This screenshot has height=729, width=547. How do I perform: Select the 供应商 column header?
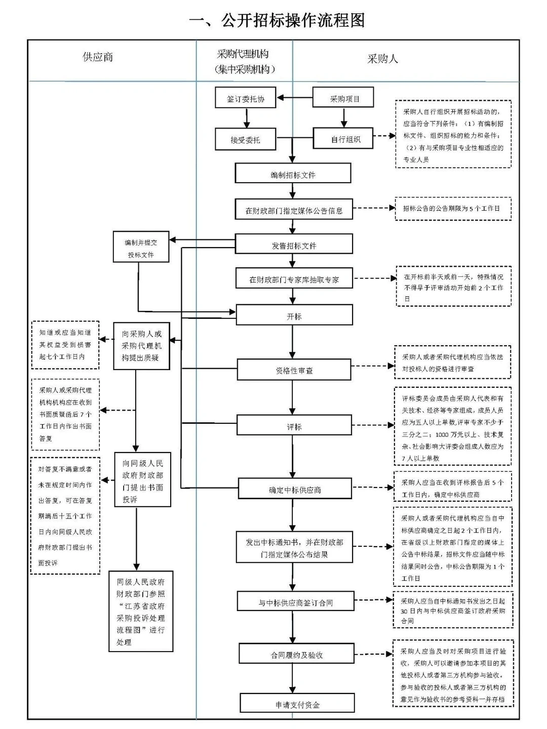tap(98, 57)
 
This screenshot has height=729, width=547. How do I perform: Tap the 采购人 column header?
tap(382, 59)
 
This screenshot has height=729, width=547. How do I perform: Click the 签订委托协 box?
tap(246, 99)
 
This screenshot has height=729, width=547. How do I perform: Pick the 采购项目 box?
tap(344, 98)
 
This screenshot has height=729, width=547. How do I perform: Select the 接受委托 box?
tap(246, 140)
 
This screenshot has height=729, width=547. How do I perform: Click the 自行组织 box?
tap(344, 139)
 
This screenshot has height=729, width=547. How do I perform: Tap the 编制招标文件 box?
tap(293, 174)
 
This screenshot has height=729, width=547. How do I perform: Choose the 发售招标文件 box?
tap(294, 245)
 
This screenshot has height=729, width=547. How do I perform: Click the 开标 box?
tap(294, 316)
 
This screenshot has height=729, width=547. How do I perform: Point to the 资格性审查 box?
tap(294, 370)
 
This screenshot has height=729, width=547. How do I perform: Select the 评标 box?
tap(294, 426)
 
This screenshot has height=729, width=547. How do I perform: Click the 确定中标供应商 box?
tap(295, 490)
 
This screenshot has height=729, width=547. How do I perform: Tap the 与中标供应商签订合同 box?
tap(295, 602)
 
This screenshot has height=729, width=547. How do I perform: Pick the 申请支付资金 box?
tap(297, 704)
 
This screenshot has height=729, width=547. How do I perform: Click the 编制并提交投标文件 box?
tap(141, 248)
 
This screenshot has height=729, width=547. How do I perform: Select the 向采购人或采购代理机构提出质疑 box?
tap(141, 346)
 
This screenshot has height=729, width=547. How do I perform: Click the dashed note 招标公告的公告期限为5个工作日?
tap(453, 208)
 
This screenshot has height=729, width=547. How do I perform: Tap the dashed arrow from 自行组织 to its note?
tap(384, 136)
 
